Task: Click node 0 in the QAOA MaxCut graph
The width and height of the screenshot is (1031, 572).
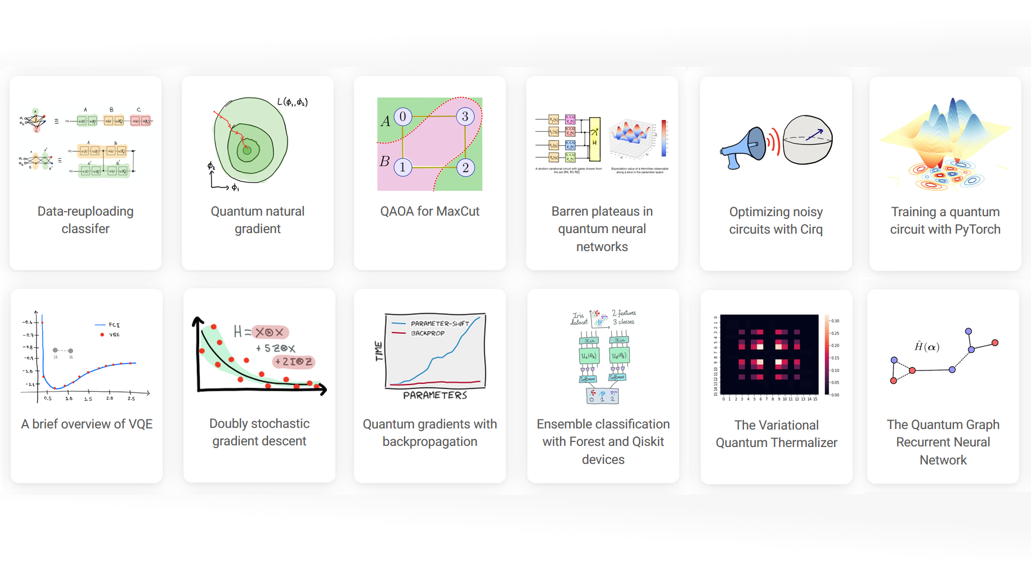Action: pyautogui.click(x=402, y=117)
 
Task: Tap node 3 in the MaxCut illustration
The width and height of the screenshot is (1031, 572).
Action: pyautogui.click(x=465, y=117)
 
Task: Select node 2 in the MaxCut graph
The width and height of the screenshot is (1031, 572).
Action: pyautogui.click(x=465, y=167)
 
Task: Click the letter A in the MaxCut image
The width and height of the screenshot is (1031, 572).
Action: pyautogui.click(x=385, y=122)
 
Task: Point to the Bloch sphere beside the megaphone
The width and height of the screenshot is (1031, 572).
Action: pyautogui.click(x=808, y=140)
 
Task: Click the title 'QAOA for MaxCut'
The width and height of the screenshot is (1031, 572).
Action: pyautogui.click(x=429, y=211)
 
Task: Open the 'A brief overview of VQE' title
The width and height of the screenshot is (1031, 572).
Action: pyautogui.click(x=87, y=424)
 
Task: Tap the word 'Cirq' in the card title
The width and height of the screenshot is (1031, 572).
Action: pyautogui.click(x=811, y=229)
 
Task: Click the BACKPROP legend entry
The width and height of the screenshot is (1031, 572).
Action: pyautogui.click(x=427, y=333)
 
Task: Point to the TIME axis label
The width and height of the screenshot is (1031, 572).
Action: pyautogui.click(x=379, y=351)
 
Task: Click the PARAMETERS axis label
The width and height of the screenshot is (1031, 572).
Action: pyautogui.click(x=435, y=395)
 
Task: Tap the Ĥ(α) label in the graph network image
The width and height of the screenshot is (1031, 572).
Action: pyautogui.click(x=926, y=347)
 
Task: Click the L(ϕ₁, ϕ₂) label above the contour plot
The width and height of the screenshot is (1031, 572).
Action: pyautogui.click(x=292, y=102)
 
